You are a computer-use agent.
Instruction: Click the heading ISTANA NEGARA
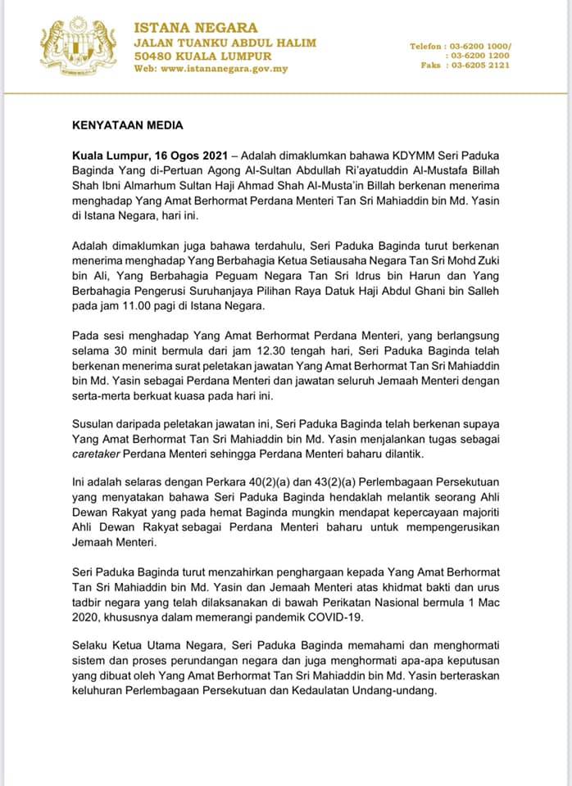click(196, 28)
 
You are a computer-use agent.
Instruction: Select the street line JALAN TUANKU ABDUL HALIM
click(225, 43)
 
